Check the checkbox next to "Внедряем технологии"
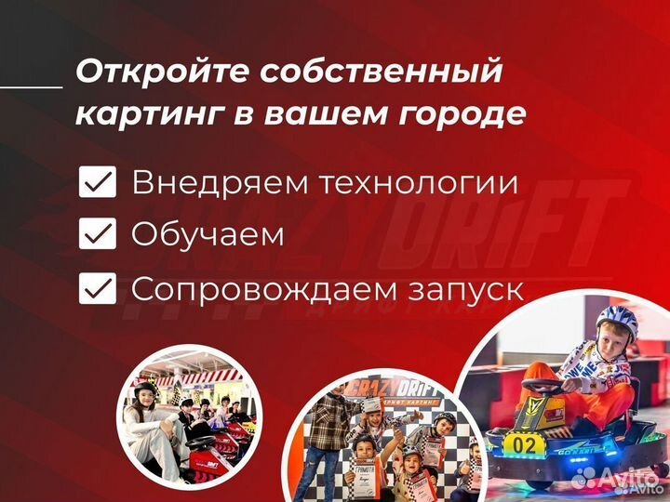coord(98,183)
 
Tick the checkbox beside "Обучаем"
coord(98,235)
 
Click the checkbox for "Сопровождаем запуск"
coord(98,289)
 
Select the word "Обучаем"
coord(208,235)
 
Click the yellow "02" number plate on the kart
coord(525,445)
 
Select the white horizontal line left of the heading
coord(31,86)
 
